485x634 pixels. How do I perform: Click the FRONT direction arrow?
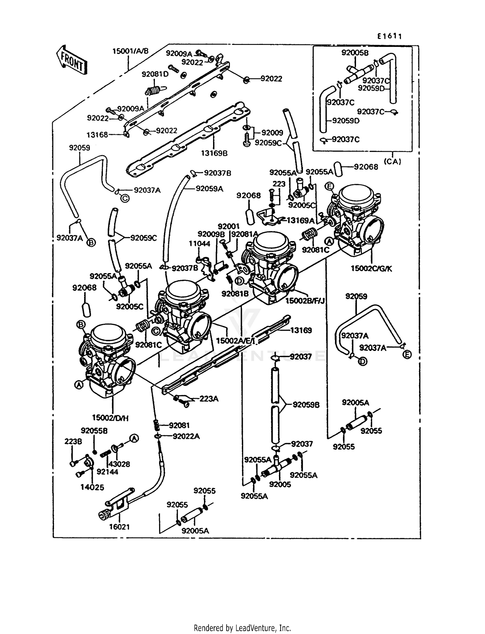pyautogui.click(x=72, y=60)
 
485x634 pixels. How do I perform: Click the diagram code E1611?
pyautogui.click(x=389, y=36)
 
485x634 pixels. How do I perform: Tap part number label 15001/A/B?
pyautogui.click(x=130, y=51)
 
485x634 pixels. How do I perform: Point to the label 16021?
pyautogui.click(x=119, y=527)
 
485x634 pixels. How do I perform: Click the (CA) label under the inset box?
pyautogui.click(x=393, y=162)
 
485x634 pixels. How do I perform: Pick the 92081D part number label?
pyautogui.click(x=155, y=74)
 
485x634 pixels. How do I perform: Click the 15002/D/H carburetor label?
pyautogui.click(x=110, y=418)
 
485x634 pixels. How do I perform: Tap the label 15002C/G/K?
pyautogui.click(x=372, y=269)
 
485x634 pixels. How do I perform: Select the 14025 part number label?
pyautogui.click(x=92, y=487)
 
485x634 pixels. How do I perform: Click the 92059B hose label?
pyautogui.click(x=306, y=405)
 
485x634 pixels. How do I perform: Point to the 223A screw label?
pyautogui.click(x=209, y=399)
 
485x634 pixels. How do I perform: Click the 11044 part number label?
pyautogui.click(x=199, y=244)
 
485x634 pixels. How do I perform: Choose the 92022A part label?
pyautogui.click(x=186, y=436)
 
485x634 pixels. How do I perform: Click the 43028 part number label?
pyautogui.click(x=119, y=464)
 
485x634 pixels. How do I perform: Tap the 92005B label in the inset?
pyautogui.click(x=355, y=53)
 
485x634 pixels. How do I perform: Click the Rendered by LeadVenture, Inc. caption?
pyautogui.click(x=242, y=628)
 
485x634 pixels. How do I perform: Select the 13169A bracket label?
pyautogui.click(x=301, y=220)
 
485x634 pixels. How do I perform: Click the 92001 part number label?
pyautogui.click(x=229, y=227)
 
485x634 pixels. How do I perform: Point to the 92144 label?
pyautogui.click(x=107, y=472)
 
